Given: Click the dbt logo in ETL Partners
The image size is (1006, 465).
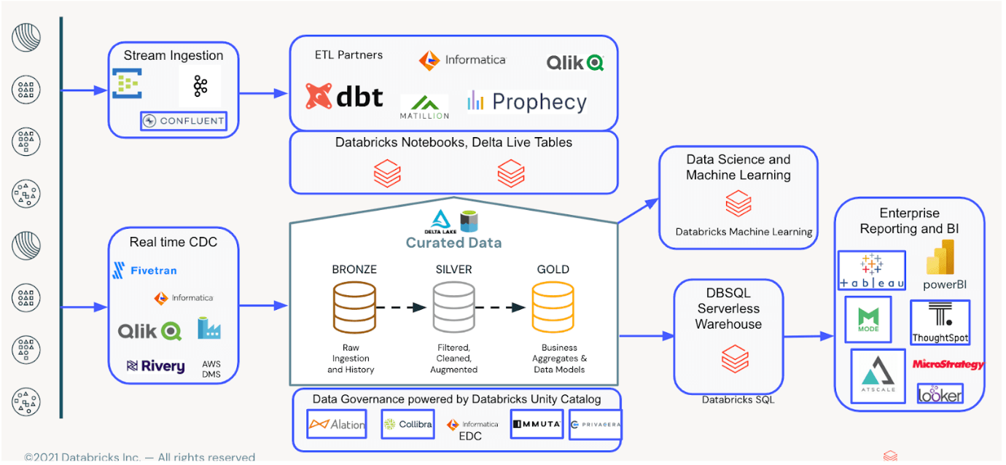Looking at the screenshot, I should [x=344, y=96].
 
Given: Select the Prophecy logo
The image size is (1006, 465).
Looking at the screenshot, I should [x=527, y=102].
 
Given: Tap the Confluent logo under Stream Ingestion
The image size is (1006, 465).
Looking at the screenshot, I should [x=184, y=121].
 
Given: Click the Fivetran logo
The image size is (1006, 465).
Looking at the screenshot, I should [x=144, y=270].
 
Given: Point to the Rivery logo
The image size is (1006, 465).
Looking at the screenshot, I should [x=155, y=366].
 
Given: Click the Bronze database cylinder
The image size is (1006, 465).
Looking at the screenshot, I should [x=354, y=308].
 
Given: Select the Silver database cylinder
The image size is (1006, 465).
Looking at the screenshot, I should [x=454, y=308].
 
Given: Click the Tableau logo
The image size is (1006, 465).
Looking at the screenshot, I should [x=872, y=270].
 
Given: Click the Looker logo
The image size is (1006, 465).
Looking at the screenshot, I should [x=940, y=394].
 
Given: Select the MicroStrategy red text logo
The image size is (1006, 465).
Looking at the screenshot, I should [x=948, y=364].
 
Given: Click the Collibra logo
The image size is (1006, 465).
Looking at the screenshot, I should [x=408, y=424].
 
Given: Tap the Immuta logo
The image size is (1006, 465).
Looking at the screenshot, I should [x=537, y=423].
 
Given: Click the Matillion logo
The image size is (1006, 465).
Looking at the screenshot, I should [x=424, y=106].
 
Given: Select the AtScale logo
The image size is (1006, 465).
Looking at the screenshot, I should [x=877, y=375].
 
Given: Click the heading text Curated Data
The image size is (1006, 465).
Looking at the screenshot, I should [x=453, y=243].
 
